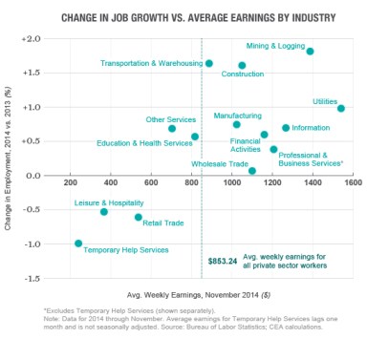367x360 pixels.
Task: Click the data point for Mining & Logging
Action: (311, 52)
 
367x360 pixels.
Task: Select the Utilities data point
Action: (341, 109)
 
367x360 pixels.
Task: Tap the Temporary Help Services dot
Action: (78, 244)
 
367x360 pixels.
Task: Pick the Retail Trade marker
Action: (139, 217)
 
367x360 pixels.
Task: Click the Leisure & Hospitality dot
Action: (104, 211)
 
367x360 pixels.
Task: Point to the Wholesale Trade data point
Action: (252, 171)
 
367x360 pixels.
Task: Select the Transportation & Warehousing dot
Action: (209, 63)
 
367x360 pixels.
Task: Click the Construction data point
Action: (242, 65)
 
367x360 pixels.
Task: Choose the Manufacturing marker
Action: (237, 124)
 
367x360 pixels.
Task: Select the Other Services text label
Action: (170, 119)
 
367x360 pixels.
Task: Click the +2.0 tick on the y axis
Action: (31, 39)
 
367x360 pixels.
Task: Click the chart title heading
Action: (183, 17)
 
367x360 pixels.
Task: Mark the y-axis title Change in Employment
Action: (9, 158)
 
